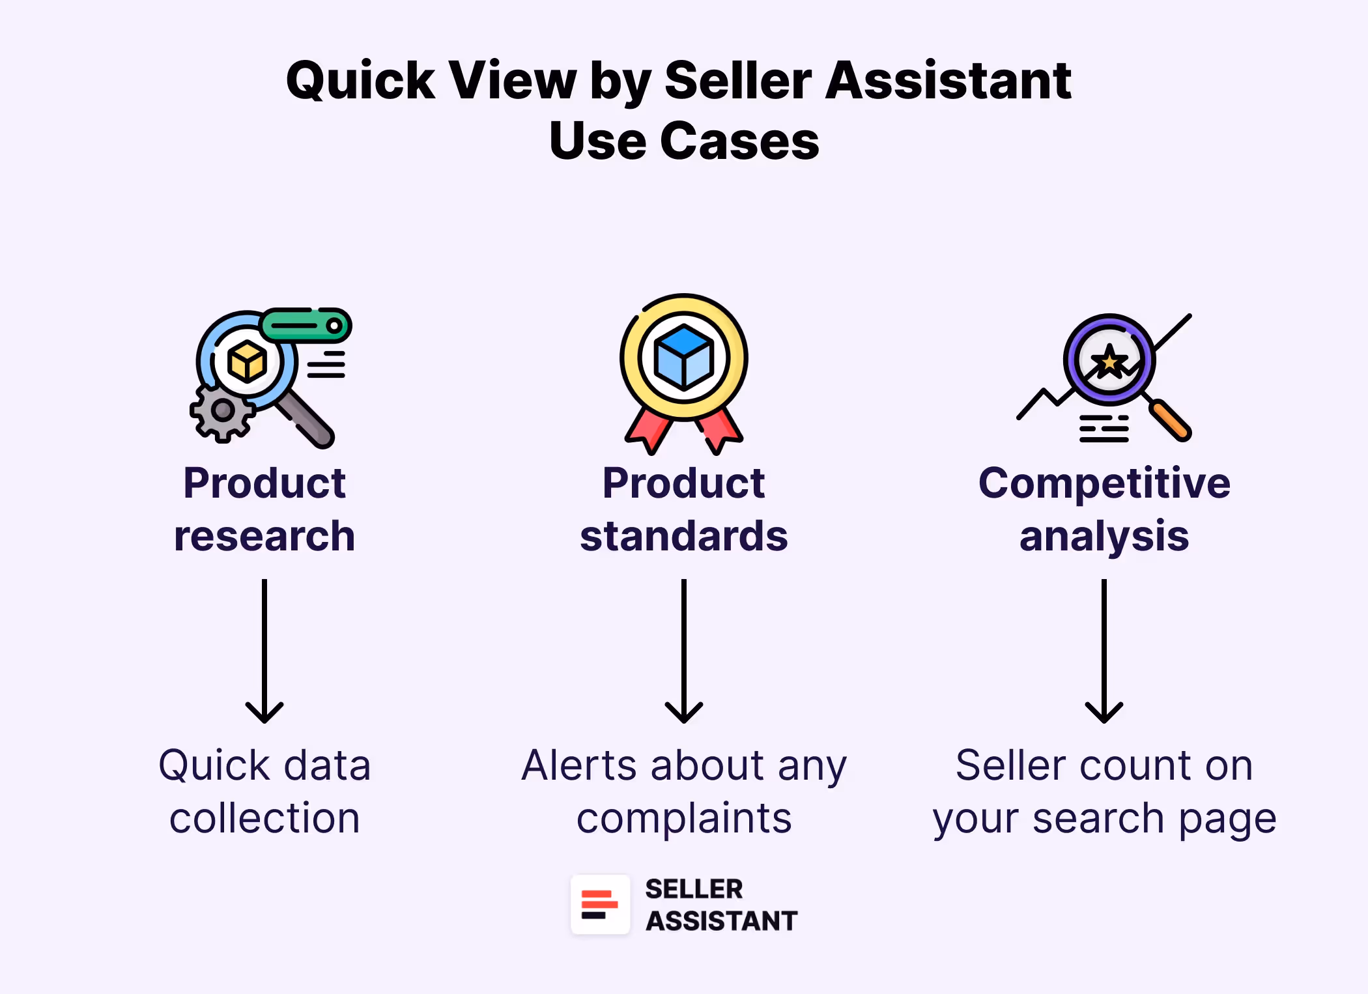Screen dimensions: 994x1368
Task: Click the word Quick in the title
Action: (360, 81)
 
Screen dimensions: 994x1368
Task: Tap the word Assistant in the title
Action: (948, 81)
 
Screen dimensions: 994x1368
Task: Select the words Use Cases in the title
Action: (684, 141)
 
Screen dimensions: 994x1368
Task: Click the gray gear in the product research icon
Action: (222, 411)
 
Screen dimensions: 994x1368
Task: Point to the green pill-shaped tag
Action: (306, 325)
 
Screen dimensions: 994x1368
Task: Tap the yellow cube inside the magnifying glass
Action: (247, 361)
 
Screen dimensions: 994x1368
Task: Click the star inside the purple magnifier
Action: (1109, 362)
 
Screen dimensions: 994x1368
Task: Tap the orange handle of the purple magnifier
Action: (1171, 421)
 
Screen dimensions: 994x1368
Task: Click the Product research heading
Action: (264, 509)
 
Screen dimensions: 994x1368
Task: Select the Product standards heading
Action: (684, 509)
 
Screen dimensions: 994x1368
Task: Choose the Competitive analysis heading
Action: (1104, 509)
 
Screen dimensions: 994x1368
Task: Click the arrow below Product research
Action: (264, 651)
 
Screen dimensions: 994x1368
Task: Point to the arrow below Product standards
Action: (684, 651)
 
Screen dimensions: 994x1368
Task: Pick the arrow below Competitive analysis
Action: (1104, 651)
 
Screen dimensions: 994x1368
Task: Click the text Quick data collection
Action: (264, 791)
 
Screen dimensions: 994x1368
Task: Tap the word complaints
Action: (684, 819)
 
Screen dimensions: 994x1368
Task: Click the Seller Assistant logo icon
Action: (600, 905)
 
